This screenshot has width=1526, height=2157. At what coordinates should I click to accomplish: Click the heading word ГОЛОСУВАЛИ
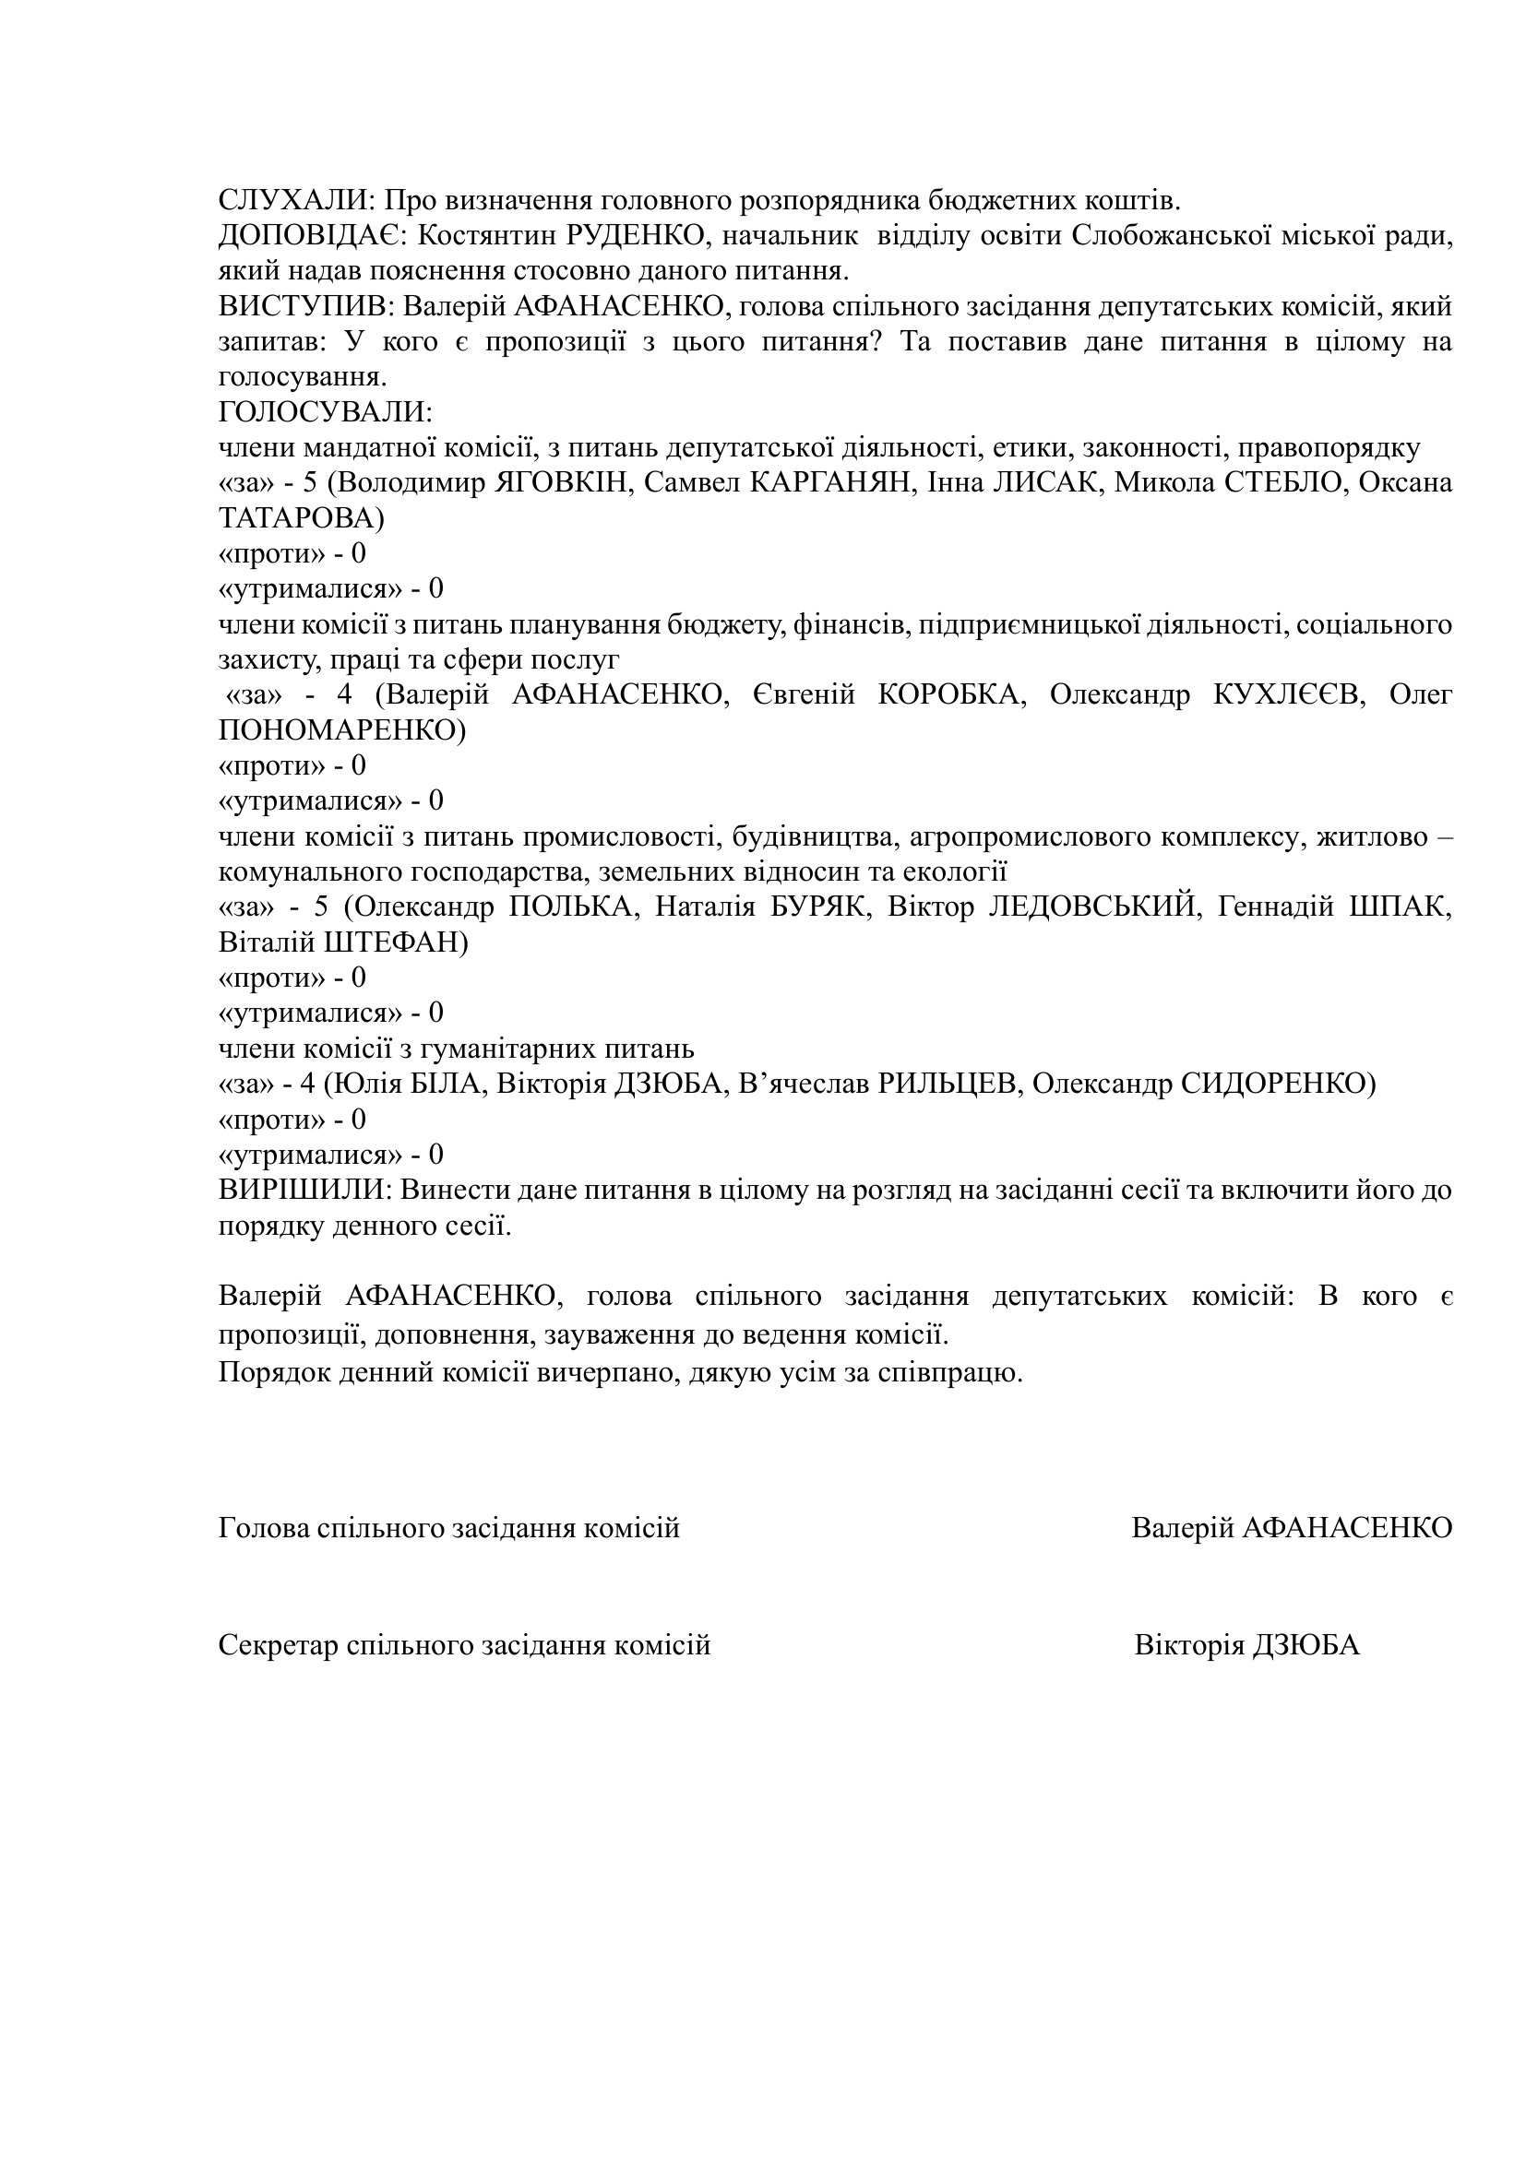click(325, 412)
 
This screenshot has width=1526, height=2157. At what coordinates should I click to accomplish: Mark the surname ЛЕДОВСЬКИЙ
click(1094, 907)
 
